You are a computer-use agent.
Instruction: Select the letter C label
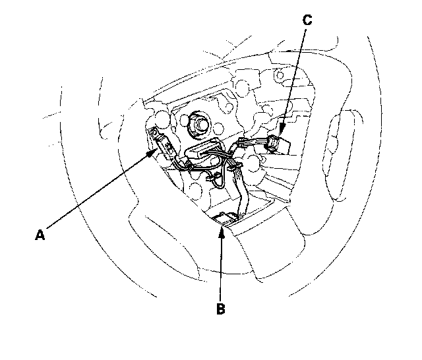(307, 20)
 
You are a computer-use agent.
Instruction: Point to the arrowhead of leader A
(156, 150)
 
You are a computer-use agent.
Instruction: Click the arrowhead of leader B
(223, 225)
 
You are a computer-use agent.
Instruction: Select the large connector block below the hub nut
(200, 151)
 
